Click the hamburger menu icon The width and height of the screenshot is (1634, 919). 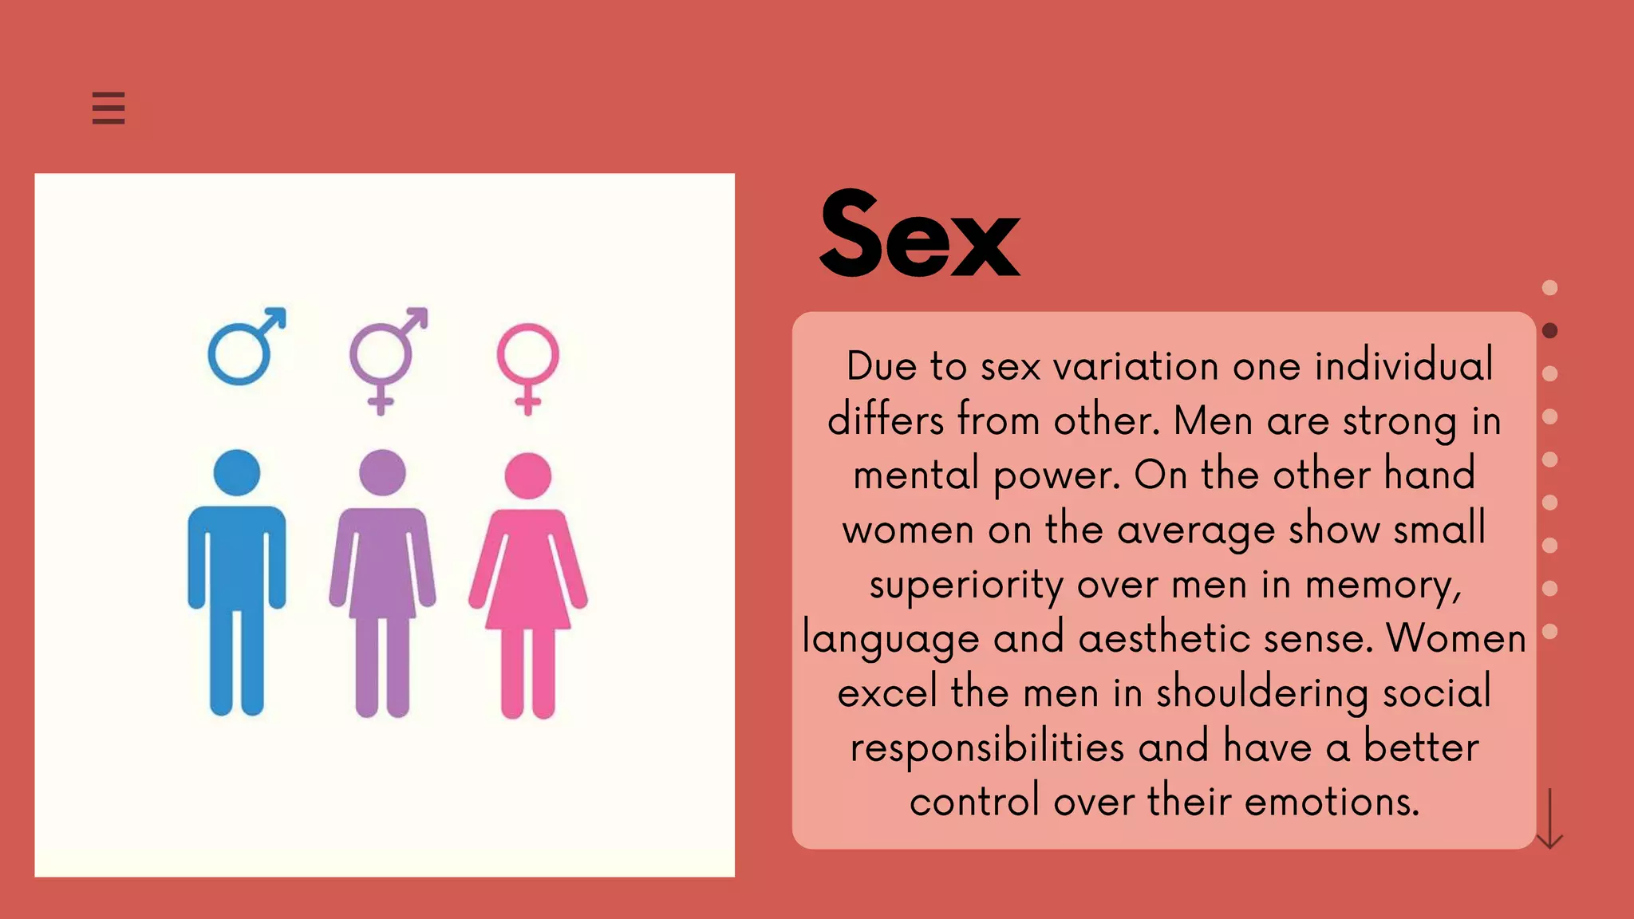click(x=109, y=108)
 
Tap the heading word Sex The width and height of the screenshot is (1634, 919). click(x=919, y=235)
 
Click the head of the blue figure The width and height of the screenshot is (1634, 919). click(x=237, y=472)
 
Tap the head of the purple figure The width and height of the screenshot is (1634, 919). click(x=382, y=472)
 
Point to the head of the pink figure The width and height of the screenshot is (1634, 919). click(x=528, y=475)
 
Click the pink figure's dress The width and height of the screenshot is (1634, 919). click(x=528, y=574)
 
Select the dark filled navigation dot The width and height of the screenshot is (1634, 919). click(x=1549, y=330)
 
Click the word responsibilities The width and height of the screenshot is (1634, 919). click(x=986, y=748)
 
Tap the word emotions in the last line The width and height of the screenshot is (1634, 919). click(x=1332, y=802)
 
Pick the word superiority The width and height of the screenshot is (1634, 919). click(x=966, y=585)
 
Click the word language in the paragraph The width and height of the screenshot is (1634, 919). click(x=890, y=639)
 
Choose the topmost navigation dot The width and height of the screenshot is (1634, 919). click(x=1549, y=287)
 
